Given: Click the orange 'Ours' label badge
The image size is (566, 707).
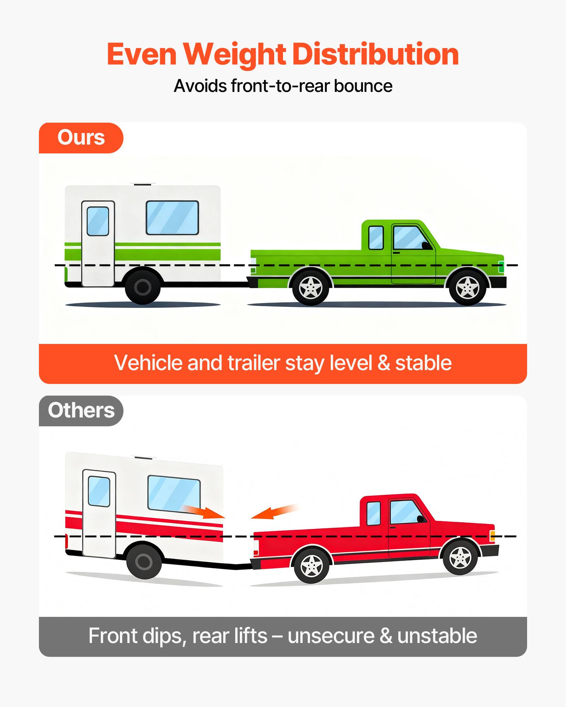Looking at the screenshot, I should [x=81, y=138].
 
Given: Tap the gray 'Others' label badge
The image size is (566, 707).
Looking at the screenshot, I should [x=81, y=411].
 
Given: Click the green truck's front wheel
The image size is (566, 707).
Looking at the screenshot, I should [x=467, y=287].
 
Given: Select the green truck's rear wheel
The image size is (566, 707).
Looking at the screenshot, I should [x=311, y=287].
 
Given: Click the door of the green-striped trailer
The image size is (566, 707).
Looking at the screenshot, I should [x=98, y=244].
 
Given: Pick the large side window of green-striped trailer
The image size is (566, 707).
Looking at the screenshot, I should [x=172, y=218].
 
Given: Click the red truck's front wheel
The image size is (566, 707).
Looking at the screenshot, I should [x=460, y=557].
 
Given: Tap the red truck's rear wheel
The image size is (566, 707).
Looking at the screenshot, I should [x=311, y=565].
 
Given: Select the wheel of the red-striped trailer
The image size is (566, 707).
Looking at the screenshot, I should [x=144, y=561].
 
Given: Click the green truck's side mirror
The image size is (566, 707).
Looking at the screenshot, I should [x=426, y=245].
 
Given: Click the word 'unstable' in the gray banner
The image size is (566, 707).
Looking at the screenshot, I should [x=437, y=636].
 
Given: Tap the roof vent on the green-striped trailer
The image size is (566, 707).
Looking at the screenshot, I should [x=142, y=184].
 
